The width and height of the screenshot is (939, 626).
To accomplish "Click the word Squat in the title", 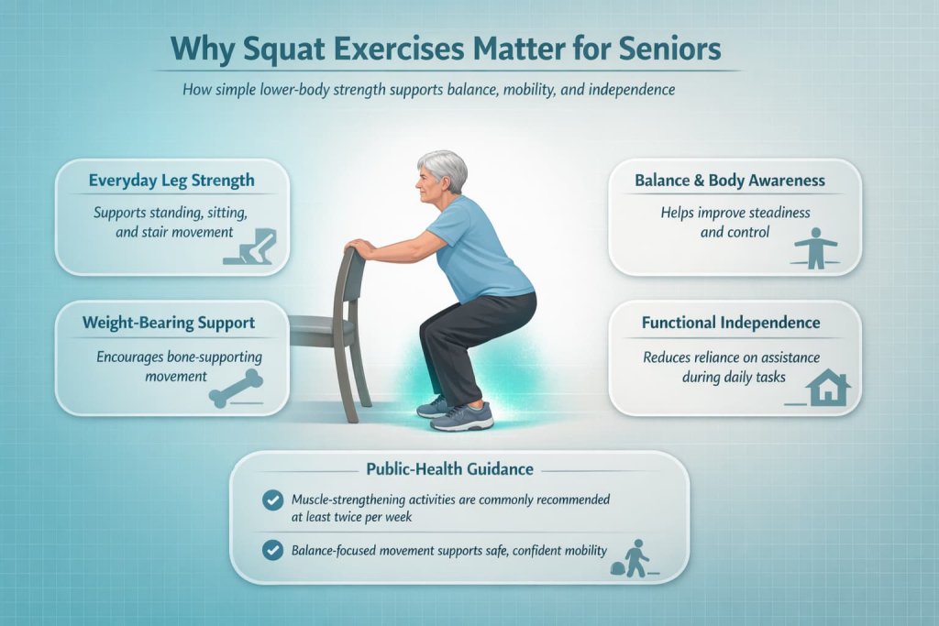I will click(309, 49).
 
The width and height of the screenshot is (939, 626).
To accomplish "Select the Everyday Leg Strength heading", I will click(172, 181).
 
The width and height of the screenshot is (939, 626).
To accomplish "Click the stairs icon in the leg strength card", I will click(255, 247).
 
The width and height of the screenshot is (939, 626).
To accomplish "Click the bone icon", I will click(237, 387).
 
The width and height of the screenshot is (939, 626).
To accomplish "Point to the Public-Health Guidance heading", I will click(449, 468).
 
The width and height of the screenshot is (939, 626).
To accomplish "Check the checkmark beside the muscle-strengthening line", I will click(272, 500).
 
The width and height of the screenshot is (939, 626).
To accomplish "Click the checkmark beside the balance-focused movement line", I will click(272, 550).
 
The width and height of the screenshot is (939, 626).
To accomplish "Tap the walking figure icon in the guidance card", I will click(634, 555).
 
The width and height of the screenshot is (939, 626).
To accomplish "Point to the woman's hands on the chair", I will click(360, 248).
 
